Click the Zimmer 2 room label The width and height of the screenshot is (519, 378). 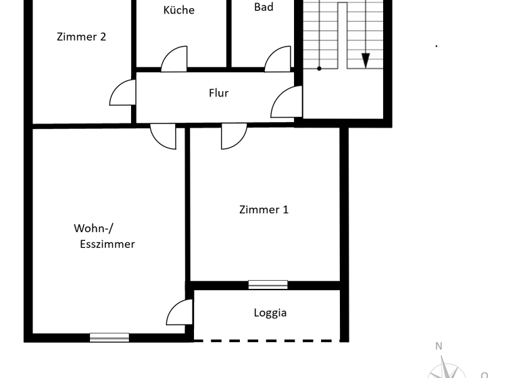(81, 37)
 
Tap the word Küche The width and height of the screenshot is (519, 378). (179, 10)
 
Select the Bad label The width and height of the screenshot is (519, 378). (264, 7)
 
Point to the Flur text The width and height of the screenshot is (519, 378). (218, 93)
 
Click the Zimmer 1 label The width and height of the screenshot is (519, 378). (264, 210)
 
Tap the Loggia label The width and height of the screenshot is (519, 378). (270, 313)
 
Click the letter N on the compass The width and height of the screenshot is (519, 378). (439, 346)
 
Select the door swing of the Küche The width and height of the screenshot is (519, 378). (175, 59)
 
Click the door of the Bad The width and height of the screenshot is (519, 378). (278, 59)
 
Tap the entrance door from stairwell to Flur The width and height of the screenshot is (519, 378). (287, 103)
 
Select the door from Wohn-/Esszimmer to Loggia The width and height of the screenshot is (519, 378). (180, 313)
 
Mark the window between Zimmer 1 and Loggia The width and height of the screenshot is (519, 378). (268, 285)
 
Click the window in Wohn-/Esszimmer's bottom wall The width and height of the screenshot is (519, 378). (109, 337)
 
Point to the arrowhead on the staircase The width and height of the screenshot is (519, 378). (366, 60)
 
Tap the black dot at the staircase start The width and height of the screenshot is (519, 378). (320, 68)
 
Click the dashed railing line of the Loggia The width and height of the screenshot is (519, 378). (267, 340)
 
